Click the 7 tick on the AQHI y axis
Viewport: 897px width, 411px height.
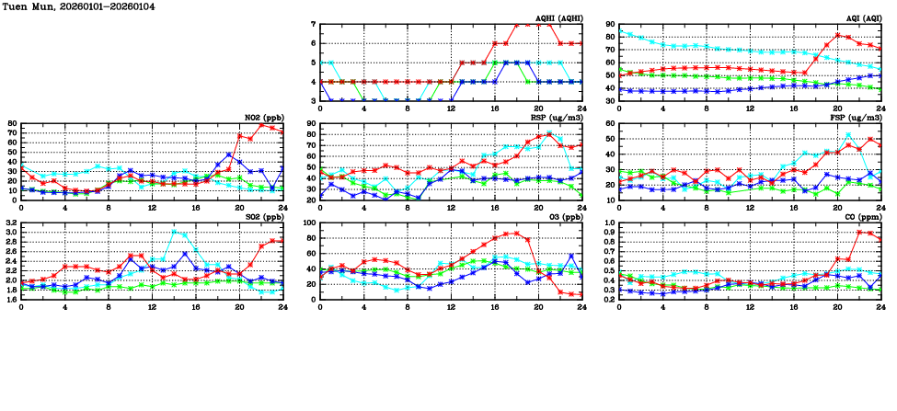tap(313, 24)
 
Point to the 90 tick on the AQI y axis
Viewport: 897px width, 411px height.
tap(609, 24)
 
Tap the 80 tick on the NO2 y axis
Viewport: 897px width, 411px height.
tap(12, 123)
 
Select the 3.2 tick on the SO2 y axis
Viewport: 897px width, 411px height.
tap(10, 223)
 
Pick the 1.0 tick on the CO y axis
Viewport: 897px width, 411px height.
tap(608, 223)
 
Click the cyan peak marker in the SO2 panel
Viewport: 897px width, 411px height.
tap(174, 233)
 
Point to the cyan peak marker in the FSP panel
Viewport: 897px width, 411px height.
tap(848, 135)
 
